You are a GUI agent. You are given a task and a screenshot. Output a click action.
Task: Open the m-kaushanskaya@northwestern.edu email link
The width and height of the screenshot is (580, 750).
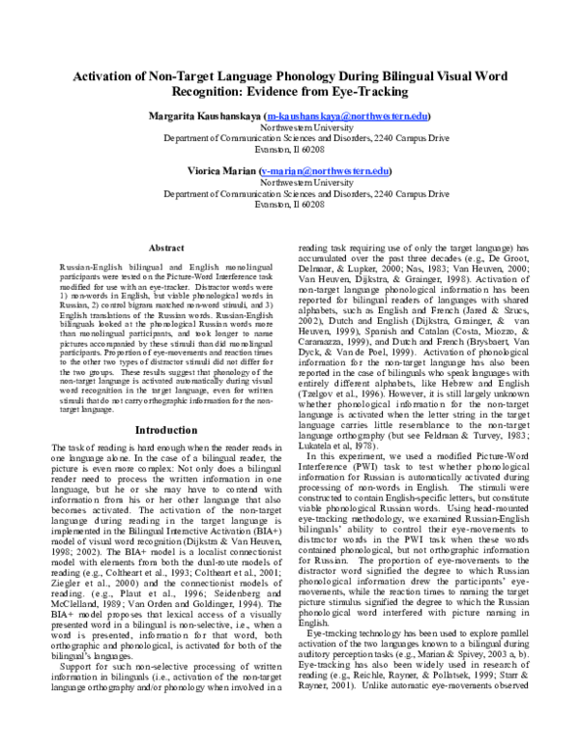point(362,116)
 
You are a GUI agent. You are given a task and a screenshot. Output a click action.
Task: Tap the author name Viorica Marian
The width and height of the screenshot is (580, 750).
point(222,170)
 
